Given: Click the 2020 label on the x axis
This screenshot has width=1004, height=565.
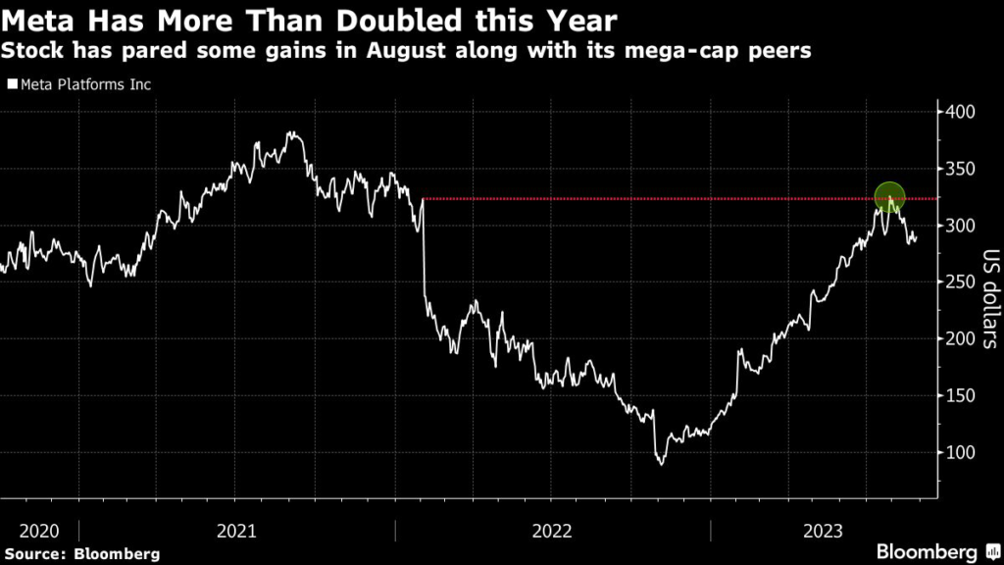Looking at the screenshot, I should point(39,531).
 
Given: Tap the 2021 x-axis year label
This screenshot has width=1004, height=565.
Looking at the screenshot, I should point(236,531).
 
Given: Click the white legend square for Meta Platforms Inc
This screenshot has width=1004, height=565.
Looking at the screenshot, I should point(12,85).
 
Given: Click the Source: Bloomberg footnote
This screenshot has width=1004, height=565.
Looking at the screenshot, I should point(80,553).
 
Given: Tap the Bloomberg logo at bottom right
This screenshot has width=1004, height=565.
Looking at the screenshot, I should point(927,551).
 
